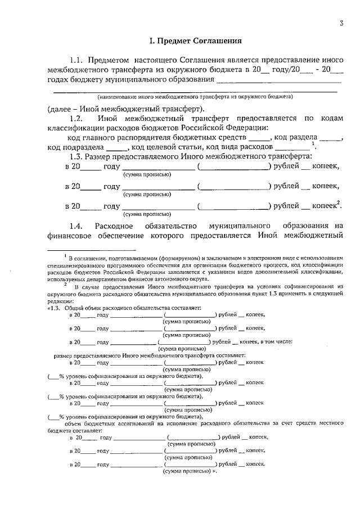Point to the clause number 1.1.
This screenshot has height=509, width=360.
click(x=76, y=60)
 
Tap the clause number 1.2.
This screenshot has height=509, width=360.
click(x=76, y=118)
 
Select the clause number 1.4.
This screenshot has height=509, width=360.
click(x=76, y=226)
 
